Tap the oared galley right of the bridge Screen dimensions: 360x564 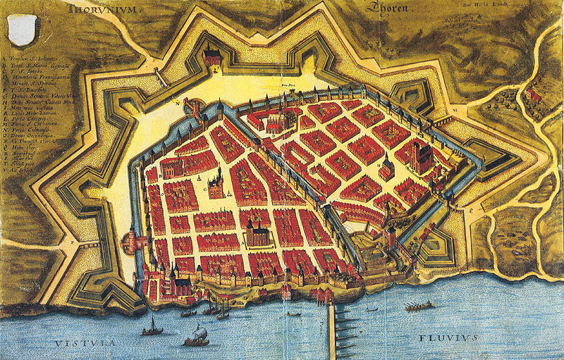(x=419, y=306)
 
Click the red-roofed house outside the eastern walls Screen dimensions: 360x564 (x=533, y=94)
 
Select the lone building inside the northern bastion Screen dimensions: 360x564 (x=211, y=56)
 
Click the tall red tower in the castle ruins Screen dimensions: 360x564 (x=392, y=236)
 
